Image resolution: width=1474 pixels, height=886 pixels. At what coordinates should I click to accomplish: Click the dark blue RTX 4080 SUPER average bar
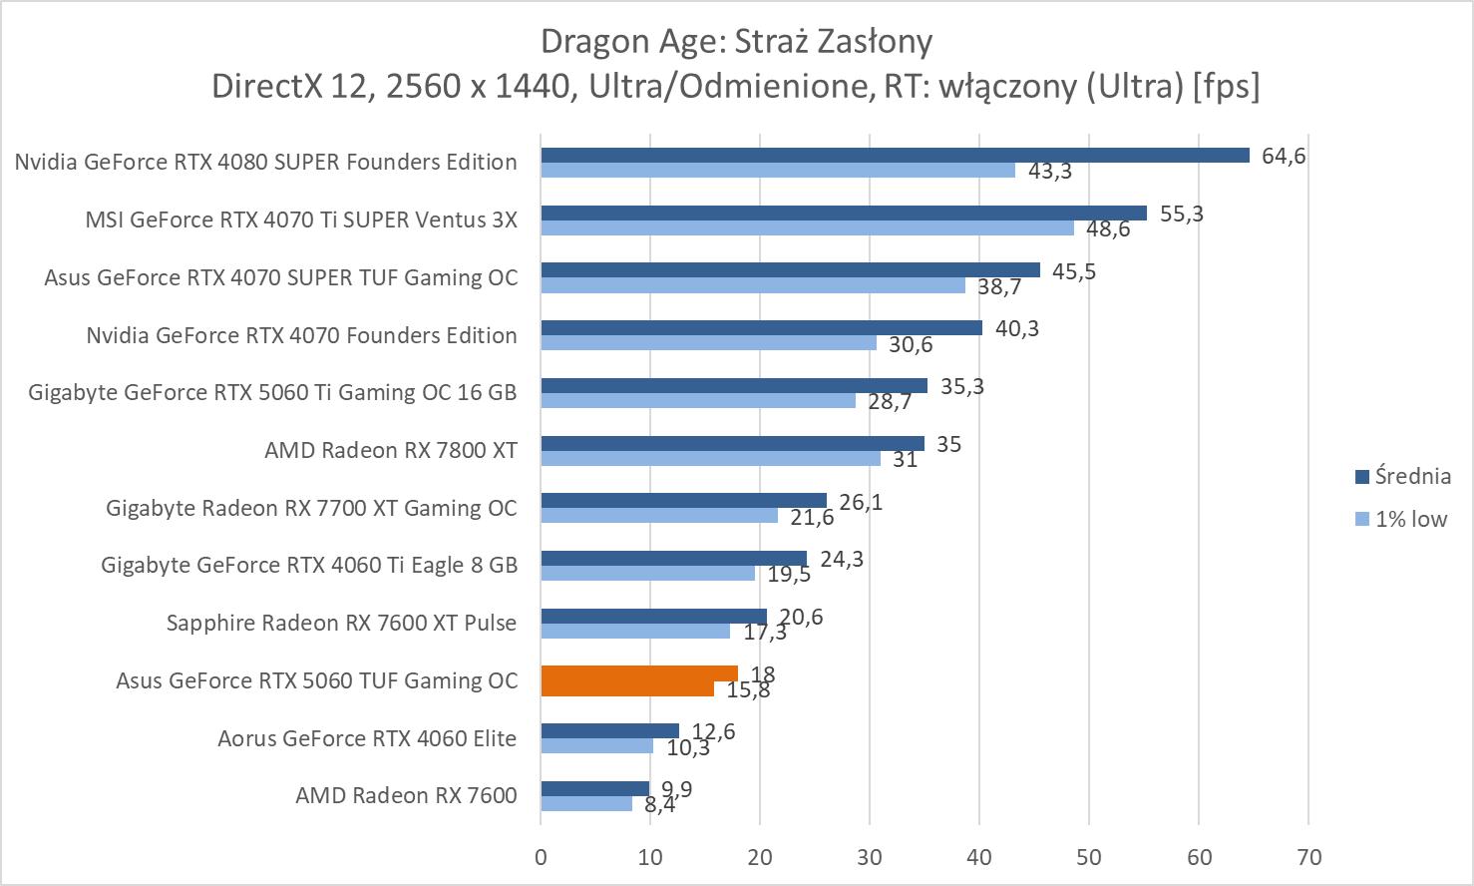tap(895, 155)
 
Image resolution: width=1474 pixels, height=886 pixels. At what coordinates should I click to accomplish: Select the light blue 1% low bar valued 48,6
tap(807, 228)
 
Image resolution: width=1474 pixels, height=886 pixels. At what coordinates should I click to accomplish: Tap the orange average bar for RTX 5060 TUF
tap(638, 673)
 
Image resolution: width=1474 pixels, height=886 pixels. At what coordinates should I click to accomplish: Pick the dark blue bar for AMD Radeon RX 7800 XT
tap(732, 443)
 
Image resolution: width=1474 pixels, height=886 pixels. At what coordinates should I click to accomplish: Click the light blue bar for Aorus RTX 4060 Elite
tap(596, 746)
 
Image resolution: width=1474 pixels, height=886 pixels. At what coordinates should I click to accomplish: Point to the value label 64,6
tap(1283, 156)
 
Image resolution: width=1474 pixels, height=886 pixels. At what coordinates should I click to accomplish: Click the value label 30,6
tap(910, 345)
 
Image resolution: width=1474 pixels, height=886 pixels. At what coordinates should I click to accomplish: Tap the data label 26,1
tap(861, 502)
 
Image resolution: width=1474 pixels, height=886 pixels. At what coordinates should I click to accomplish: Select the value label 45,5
tap(1073, 271)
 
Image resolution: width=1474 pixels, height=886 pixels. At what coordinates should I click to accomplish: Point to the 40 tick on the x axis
tap(979, 857)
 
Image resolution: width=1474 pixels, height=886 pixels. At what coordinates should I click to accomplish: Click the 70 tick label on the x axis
tap(1308, 857)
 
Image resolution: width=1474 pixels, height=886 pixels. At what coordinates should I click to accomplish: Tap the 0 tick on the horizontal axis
tap(541, 857)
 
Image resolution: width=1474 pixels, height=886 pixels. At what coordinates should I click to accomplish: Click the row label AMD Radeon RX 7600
tap(406, 795)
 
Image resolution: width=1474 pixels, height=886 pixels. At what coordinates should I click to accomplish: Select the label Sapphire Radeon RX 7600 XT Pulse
tap(341, 623)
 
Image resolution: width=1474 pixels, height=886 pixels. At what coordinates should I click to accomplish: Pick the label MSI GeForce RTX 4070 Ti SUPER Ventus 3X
tap(301, 220)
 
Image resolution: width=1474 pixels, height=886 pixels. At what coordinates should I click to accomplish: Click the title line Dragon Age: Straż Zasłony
tap(736, 42)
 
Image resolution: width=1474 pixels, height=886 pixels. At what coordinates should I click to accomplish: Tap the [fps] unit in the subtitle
tap(1226, 86)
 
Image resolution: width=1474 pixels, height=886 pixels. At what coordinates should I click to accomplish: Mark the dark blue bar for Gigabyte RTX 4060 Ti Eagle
tap(673, 558)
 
